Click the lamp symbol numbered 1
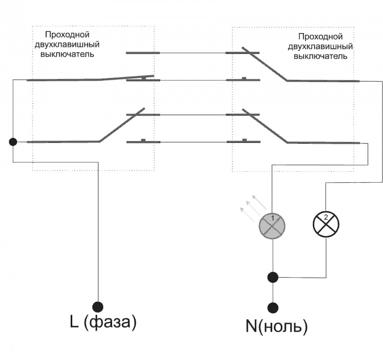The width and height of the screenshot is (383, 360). click(x=272, y=225)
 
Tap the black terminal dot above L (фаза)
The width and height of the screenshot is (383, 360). click(x=98, y=306)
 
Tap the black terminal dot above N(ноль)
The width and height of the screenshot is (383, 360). click(x=272, y=307)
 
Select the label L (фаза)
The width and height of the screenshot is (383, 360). click(x=103, y=323)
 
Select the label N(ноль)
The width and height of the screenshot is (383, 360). click(x=276, y=326)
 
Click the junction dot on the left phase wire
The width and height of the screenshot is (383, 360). click(x=13, y=142)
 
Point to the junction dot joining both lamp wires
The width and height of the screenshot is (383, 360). click(x=272, y=278)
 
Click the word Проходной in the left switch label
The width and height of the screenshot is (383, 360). click(x=67, y=34)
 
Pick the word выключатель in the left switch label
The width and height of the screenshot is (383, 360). click(x=67, y=54)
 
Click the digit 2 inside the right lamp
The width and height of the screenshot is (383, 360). click(x=326, y=217)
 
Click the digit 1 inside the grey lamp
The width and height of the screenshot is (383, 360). click(x=272, y=217)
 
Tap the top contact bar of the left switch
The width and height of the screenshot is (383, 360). click(x=143, y=53)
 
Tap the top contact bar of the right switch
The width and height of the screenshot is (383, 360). click(x=242, y=53)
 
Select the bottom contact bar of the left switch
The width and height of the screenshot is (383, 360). click(x=143, y=142)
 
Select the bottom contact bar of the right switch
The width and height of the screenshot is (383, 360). click(x=242, y=142)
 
